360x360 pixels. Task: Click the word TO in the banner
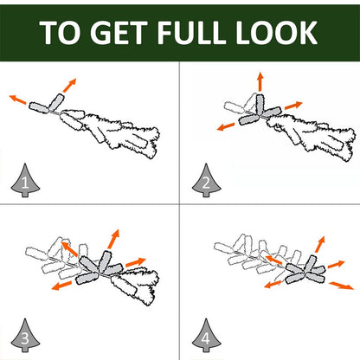60,32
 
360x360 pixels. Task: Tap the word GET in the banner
119,32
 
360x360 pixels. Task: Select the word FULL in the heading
191,32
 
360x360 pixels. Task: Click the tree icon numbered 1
25,181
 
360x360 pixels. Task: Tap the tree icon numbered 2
206,181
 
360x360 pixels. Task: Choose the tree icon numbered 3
25,336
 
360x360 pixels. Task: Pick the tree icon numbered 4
206,336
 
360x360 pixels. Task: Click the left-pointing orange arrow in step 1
18,100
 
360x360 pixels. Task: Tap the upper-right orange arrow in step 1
69,85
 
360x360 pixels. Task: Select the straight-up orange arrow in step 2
260,81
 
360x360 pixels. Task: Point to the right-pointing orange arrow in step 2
293,106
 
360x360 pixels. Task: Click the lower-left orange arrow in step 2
226,126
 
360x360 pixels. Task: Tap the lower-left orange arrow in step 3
61,286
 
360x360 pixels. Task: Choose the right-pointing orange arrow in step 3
136,262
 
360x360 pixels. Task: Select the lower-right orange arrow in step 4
341,286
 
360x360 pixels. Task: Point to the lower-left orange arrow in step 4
273,285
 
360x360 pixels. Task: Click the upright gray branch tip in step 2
260,103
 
